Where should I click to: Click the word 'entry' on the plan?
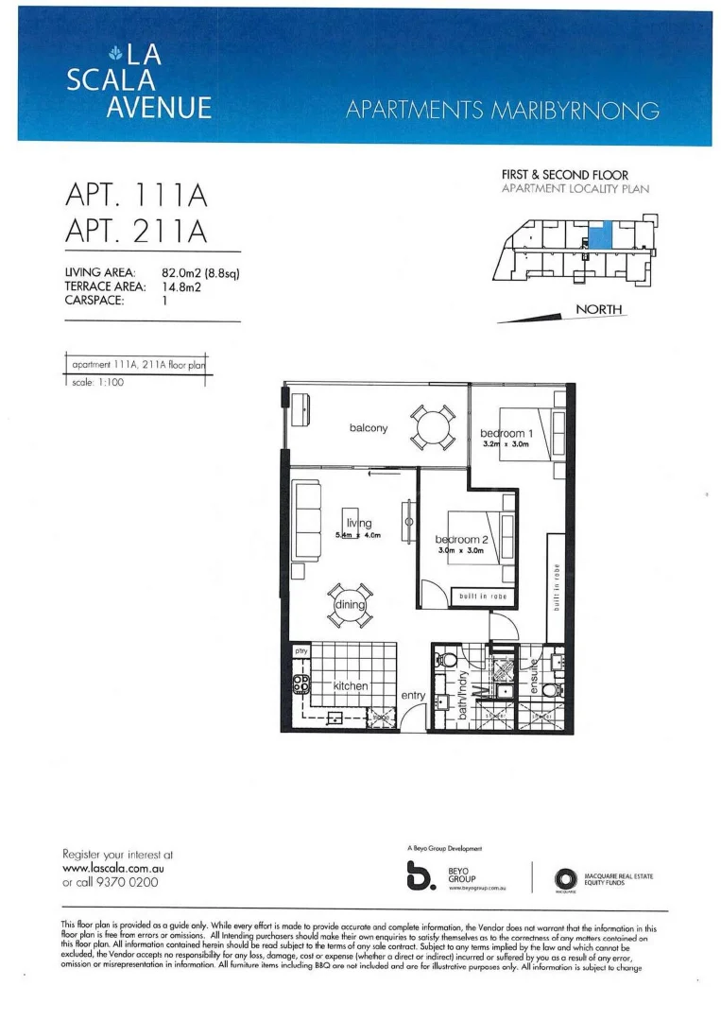pyautogui.click(x=414, y=695)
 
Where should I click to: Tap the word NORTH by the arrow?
pyautogui.click(x=598, y=310)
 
